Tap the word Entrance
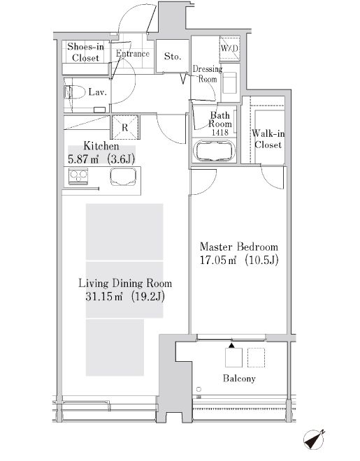[x=132, y=54]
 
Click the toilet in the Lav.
[x=75, y=92]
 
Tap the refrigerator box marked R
[x=125, y=127]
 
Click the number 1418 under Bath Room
[x=219, y=131]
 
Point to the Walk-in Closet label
[x=267, y=139]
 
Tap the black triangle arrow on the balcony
[x=230, y=346]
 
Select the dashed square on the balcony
[x=257, y=358]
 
